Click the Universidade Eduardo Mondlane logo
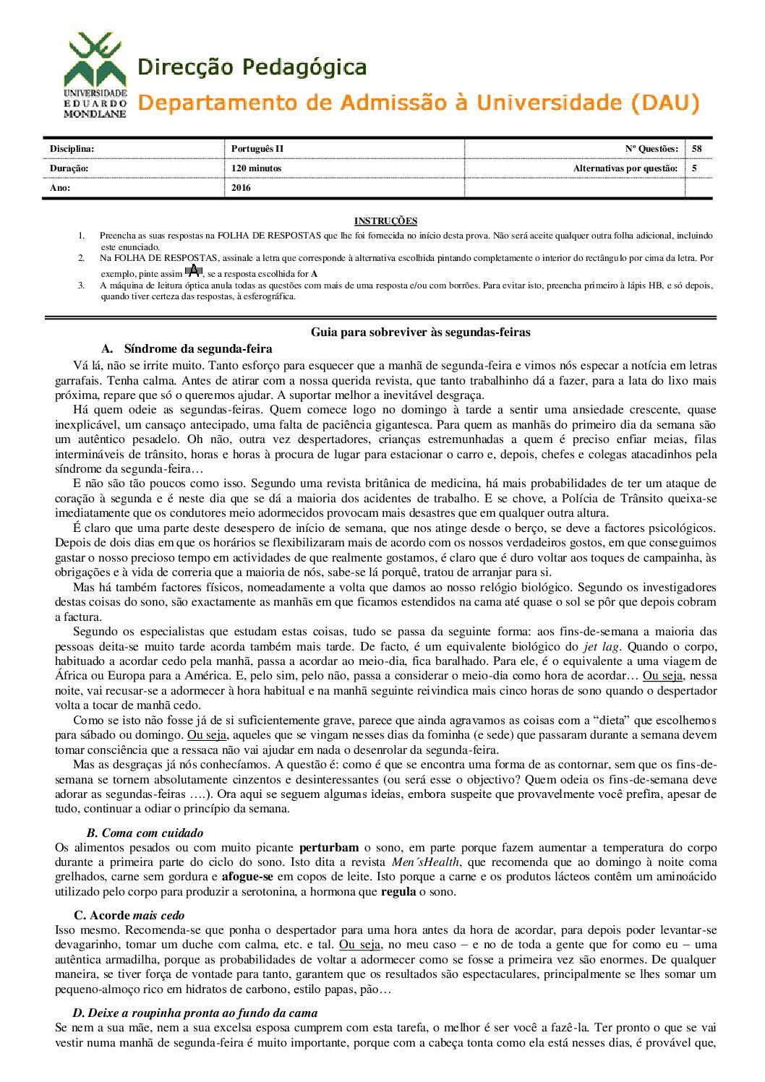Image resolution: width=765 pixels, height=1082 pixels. [x=95, y=75]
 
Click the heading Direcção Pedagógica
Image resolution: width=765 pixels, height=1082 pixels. [x=252, y=68]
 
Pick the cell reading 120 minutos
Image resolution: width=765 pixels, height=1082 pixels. [x=256, y=168]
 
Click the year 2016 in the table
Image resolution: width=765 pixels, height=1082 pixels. [x=241, y=188]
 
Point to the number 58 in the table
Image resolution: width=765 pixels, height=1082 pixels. [x=696, y=149]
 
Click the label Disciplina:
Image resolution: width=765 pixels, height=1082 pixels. [x=72, y=149]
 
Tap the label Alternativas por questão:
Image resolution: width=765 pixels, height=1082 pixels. [x=625, y=168]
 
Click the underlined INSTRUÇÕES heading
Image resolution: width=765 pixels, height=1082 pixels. [x=385, y=221]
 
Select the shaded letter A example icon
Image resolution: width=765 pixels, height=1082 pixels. [x=193, y=272]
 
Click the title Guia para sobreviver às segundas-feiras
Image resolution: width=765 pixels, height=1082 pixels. [x=420, y=332]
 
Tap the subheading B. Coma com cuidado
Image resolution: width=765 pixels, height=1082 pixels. [x=145, y=833]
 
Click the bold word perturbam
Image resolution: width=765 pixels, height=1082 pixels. [x=329, y=847]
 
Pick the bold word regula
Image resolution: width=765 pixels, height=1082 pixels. [x=398, y=892]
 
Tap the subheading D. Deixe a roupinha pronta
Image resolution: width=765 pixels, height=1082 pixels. [x=195, y=1013]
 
